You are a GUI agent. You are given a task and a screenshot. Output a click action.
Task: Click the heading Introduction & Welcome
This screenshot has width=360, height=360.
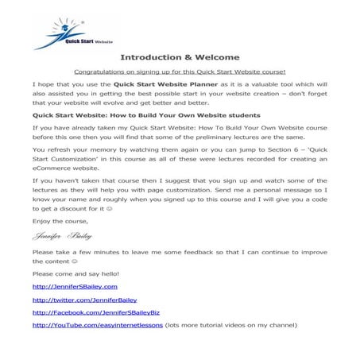pos(178,57)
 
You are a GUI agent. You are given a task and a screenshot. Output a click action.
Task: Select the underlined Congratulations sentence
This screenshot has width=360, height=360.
pos(179,71)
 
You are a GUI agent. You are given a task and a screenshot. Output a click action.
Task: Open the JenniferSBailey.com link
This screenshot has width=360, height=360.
pos(75,286)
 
